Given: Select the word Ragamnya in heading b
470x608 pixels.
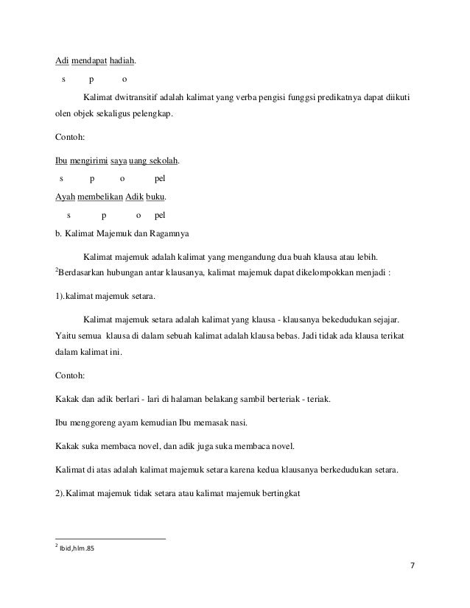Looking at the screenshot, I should tap(170, 236).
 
